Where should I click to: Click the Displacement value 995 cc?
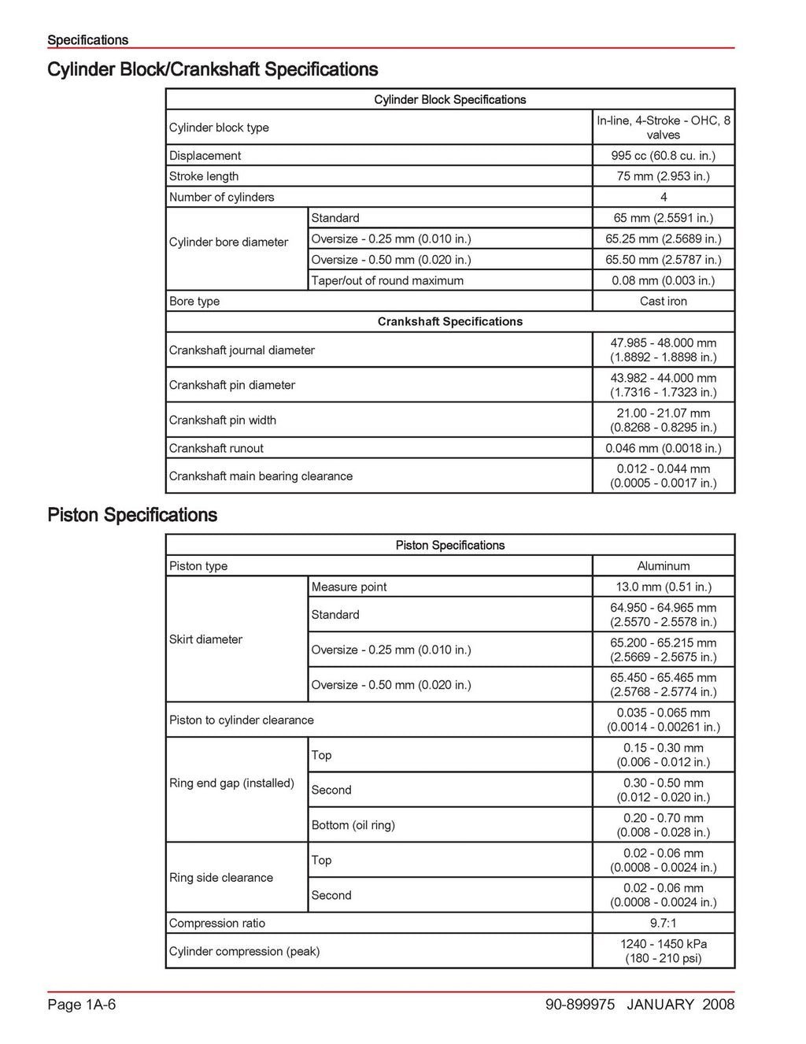pyautogui.click(x=663, y=156)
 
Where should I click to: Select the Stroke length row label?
pyautogui.click(x=204, y=176)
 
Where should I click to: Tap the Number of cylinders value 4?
pyautogui.click(x=663, y=198)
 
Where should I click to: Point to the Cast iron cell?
pyautogui.click(x=663, y=302)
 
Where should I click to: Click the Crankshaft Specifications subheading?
pyautogui.click(x=449, y=322)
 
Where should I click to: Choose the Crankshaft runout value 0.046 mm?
pyautogui.click(x=663, y=449)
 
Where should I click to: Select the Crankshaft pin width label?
pyautogui.click(x=223, y=420)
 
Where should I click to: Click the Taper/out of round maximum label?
pyautogui.click(x=387, y=281)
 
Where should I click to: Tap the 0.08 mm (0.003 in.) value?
pyautogui.click(x=663, y=281)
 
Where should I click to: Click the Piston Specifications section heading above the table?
pyautogui.click(x=132, y=516)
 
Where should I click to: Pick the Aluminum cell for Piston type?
pyautogui.click(x=663, y=566)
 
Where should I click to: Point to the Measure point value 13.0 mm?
pyautogui.click(x=663, y=587)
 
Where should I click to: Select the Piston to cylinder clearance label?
pyautogui.click(x=242, y=720)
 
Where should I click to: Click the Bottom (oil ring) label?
pyautogui.click(x=353, y=825)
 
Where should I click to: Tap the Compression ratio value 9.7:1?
pyautogui.click(x=663, y=924)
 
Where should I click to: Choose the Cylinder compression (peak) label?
pyautogui.click(x=244, y=952)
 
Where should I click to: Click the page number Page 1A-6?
pyautogui.click(x=82, y=1005)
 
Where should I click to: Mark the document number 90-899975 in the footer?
pyautogui.click(x=580, y=1005)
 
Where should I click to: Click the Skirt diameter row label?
pyautogui.click(x=205, y=640)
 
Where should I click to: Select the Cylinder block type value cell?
pyautogui.click(x=663, y=128)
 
